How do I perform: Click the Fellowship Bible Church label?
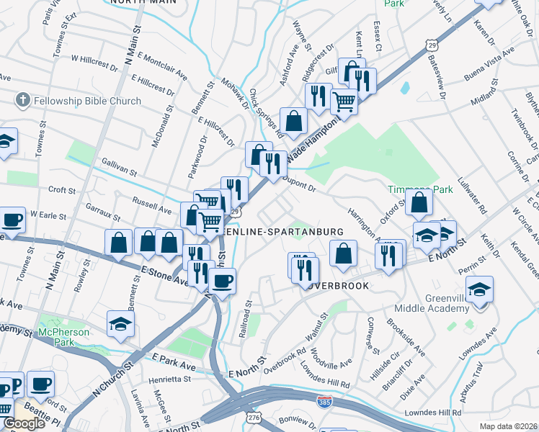[x=89, y=101]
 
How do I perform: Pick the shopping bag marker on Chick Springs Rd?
[x=293, y=122]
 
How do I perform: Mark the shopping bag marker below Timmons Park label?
[x=419, y=203]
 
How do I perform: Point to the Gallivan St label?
[x=120, y=168]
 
